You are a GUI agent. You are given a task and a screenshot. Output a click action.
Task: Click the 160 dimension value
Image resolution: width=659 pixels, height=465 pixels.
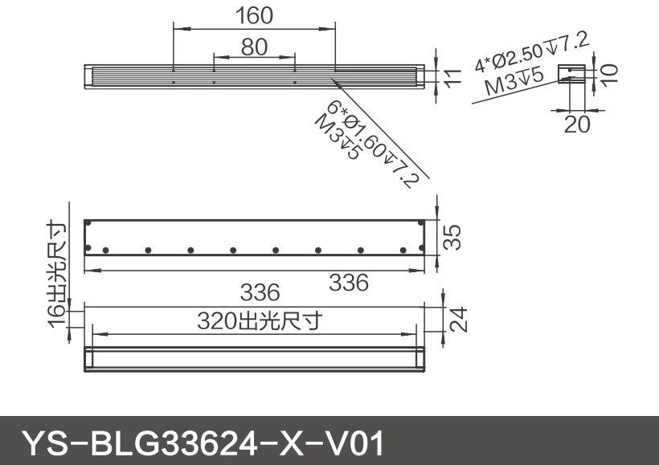pyautogui.click(x=254, y=15)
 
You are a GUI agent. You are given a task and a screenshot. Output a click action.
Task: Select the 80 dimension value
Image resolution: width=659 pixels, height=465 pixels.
pyautogui.click(x=254, y=47)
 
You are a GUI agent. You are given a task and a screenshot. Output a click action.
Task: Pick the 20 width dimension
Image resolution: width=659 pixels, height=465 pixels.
pyautogui.click(x=577, y=124)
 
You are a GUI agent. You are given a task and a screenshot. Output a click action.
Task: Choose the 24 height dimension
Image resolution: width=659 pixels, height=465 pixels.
pyautogui.click(x=456, y=320)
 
